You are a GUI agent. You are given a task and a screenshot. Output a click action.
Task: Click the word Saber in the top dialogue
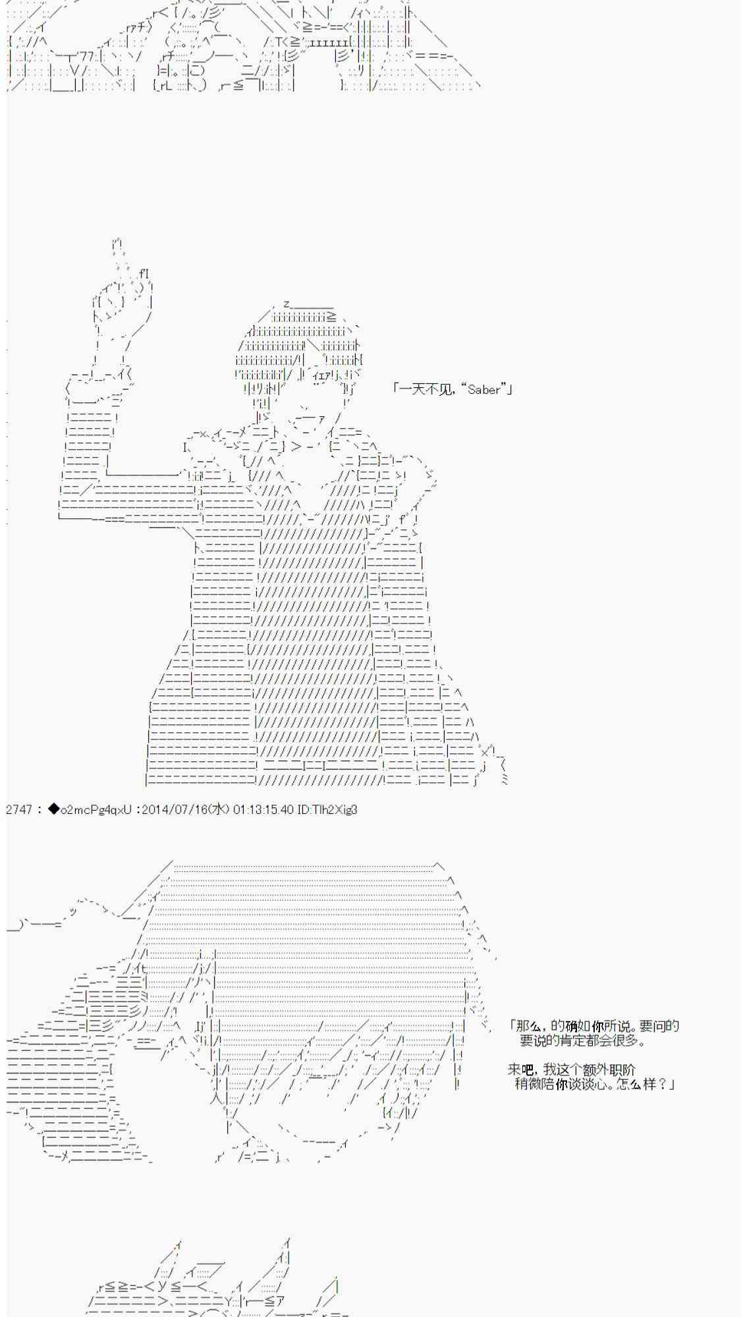[x=484, y=389]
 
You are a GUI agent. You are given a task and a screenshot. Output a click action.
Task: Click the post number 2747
[x=19, y=809]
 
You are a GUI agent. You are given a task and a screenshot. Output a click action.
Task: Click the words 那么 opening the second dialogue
[x=529, y=1026]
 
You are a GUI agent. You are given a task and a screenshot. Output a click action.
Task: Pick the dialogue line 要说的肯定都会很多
[x=582, y=1040]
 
